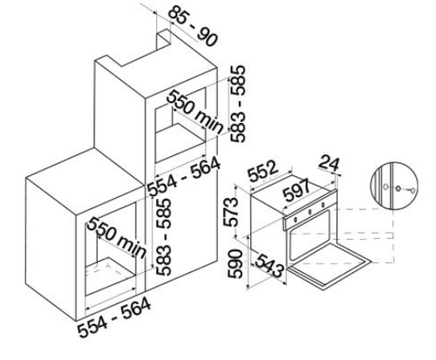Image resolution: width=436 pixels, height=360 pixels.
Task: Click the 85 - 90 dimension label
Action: (x=194, y=26)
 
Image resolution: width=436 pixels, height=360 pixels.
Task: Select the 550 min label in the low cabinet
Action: (x=117, y=237)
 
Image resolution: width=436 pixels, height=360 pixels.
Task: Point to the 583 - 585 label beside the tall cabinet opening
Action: (x=238, y=104)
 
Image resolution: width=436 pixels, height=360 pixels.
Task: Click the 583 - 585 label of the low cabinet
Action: (x=163, y=236)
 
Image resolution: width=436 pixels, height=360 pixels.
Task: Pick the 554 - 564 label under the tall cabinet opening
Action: (x=183, y=176)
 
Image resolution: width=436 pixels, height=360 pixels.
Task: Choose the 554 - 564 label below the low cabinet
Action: (x=114, y=317)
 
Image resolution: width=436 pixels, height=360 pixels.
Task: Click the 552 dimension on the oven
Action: (x=263, y=171)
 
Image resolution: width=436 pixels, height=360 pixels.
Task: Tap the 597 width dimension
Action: (x=296, y=190)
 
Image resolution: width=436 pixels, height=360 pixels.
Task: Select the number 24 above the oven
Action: (x=329, y=163)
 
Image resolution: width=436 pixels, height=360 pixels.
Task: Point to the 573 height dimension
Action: (x=232, y=212)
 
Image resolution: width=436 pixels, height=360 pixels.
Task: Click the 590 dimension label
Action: (x=235, y=264)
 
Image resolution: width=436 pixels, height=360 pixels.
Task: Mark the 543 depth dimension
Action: (x=269, y=266)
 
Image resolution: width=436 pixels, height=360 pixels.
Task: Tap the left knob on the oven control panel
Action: (x=295, y=219)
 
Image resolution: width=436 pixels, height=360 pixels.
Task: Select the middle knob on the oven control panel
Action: (x=310, y=212)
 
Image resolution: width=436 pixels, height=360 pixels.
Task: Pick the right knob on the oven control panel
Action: (x=323, y=205)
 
